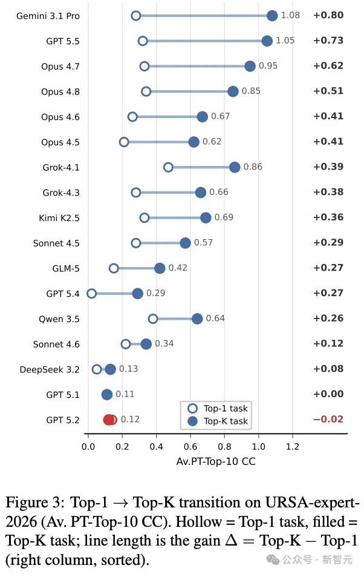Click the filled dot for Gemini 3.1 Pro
tap(272, 15)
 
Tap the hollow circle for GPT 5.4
tap(91, 293)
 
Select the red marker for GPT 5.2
tap(109, 420)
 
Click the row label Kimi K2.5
tap(59, 218)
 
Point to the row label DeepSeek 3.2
tap(50, 369)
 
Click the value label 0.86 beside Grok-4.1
tap(253, 167)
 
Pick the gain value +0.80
tap(328, 15)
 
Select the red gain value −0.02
tap(328, 419)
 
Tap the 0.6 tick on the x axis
tap(190, 447)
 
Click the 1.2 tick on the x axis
tap(293, 447)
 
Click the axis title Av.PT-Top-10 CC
tap(216, 461)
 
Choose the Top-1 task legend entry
tap(218, 408)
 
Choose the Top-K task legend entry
tap(218, 421)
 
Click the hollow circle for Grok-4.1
tap(168, 167)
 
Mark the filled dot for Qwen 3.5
tap(197, 318)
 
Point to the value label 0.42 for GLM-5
tap(178, 268)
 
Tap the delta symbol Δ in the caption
tap(231, 540)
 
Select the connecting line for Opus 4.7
tap(197, 66)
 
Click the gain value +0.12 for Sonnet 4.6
tap(328, 343)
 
